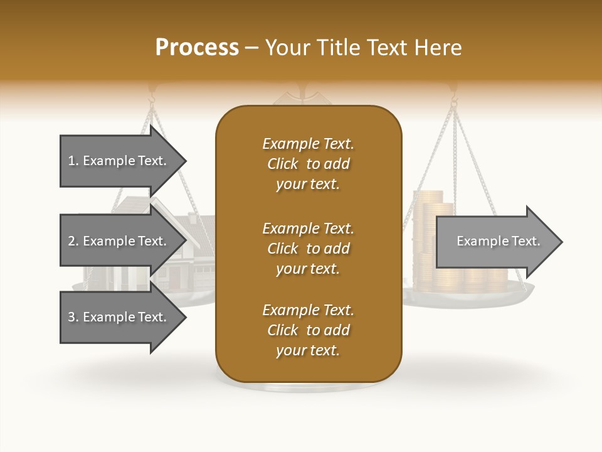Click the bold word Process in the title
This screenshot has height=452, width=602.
(197, 47)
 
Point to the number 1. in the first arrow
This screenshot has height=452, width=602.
(73, 161)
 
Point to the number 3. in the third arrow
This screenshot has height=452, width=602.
(73, 317)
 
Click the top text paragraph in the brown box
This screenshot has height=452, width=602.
(308, 164)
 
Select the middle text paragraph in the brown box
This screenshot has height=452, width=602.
(308, 248)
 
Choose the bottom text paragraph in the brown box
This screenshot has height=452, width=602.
(308, 330)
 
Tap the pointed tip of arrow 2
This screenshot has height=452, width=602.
(185, 241)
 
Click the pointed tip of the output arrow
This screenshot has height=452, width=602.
(561, 241)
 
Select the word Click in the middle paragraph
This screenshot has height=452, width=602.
(283, 249)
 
